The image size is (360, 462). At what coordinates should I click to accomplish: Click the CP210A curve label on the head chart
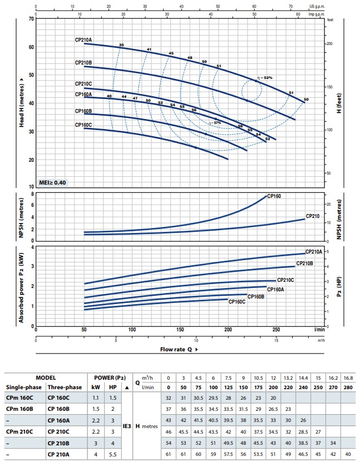(x=83, y=40)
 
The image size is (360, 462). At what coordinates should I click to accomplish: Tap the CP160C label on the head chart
(x=83, y=125)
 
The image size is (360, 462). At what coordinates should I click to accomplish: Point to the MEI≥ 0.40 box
(x=52, y=182)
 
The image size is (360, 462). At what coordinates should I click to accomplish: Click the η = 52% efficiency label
(x=265, y=78)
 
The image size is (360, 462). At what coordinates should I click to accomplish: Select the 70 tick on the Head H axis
(x=32, y=19)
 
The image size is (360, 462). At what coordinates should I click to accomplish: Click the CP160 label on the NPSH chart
(x=275, y=196)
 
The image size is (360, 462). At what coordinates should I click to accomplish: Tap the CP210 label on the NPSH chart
(x=313, y=216)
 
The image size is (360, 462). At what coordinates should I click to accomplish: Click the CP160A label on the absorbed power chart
(x=275, y=289)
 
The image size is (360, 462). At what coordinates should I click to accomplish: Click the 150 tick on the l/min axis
(x=180, y=329)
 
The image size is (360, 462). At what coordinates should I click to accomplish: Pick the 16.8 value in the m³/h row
(x=347, y=377)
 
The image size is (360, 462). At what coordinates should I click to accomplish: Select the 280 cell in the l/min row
(x=347, y=388)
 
